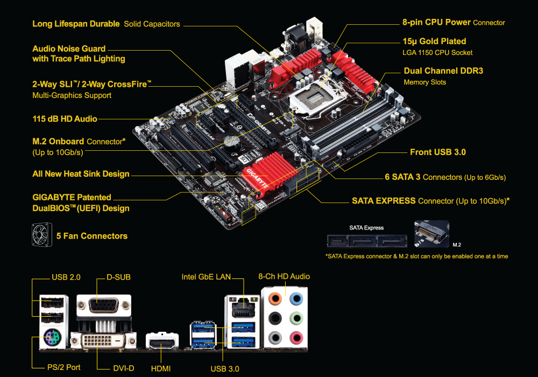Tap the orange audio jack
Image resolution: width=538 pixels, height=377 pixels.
pyautogui.click(x=275, y=298)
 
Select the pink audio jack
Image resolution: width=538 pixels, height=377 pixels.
pyautogui.click(x=296, y=338)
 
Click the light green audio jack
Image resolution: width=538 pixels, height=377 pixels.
pyautogui.click(x=296, y=318)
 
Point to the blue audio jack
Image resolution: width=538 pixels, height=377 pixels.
pyautogui.click(x=296, y=298)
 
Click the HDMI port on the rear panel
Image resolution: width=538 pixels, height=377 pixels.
pyautogui.click(x=162, y=341)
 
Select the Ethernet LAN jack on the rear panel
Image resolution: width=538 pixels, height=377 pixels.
pyautogui.click(x=243, y=308)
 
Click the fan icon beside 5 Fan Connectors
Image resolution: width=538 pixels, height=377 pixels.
pyautogui.click(x=42, y=235)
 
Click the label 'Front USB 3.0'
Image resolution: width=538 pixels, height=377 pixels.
pyautogui.click(x=438, y=152)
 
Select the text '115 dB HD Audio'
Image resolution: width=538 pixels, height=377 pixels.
pyautogui.click(x=65, y=119)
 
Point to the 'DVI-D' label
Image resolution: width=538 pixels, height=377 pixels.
pyautogui.click(x=124, y=368)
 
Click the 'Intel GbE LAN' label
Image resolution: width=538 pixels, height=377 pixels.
pyautogui.click(x=206, y=277)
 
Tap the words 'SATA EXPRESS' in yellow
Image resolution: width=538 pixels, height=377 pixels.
pyautogui.click(x=384, y=200)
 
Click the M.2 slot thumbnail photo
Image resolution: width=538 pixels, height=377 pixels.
pyautogui.click(x=431, y=234)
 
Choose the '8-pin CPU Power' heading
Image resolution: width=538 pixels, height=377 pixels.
pyautogui.click(x=436, y=22)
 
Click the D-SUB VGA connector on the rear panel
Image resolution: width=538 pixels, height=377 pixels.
pyautogui.click(x=104, y=305)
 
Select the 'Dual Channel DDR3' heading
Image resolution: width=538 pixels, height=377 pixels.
pyautogui.click(x=443, y=71)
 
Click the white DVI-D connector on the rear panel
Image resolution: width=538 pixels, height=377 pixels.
pyautogui.click(x=103, y=340)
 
